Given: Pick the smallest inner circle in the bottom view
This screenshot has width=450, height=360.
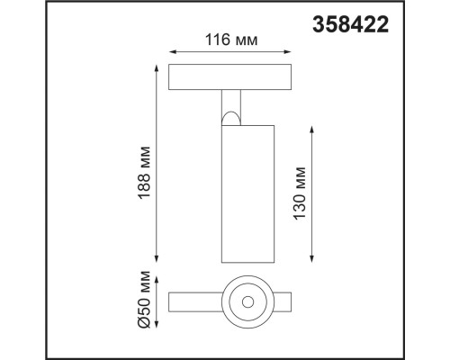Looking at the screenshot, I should coord(243,300).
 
